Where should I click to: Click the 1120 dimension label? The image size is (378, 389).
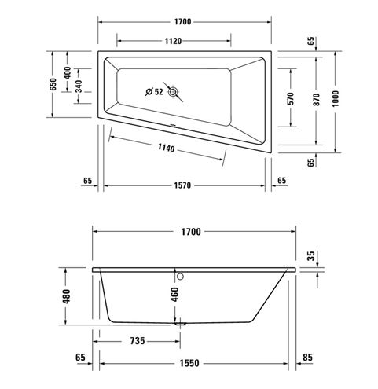[x=173, y=41]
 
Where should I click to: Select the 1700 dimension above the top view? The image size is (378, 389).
[x=182, y=22]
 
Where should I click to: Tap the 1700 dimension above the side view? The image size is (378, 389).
[x=191, y=232]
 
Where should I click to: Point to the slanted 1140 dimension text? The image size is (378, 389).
[x=166, y=148]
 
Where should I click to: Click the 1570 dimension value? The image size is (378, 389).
[x=182, y=185]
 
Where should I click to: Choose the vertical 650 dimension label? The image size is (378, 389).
[x=53, y=84]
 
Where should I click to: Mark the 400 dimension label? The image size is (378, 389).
[x=68, y=73]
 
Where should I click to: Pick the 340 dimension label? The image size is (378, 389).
[x=79, y=86]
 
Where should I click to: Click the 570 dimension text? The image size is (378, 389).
[x=291, y=98]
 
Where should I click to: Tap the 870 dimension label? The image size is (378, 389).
[x=317, y=100]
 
